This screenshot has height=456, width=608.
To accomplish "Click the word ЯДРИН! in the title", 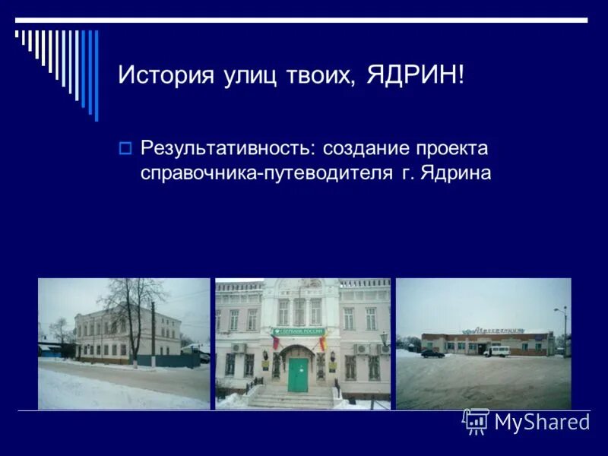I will coord(415,75).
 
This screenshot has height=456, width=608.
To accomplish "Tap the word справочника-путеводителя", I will coord(264,173).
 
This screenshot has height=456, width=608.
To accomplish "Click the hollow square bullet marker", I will coord(126,147).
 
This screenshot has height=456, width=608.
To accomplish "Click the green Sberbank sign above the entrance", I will coord(298,331).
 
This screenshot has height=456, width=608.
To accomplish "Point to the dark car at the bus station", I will coord(432,353).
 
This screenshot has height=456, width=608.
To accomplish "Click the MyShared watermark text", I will coord(541,423).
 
